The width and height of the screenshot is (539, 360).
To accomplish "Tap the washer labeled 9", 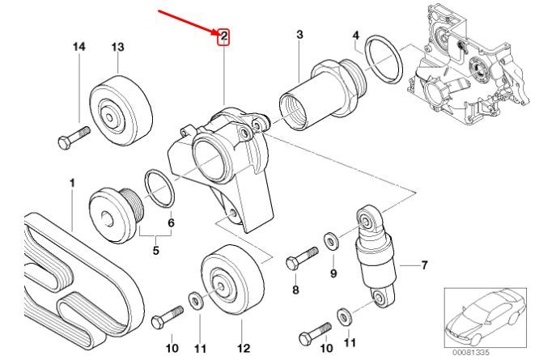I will [x=331, y=240].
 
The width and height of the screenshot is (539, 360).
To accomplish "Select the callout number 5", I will [x=156, y=251].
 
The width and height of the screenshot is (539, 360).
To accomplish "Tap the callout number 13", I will [x=117, y=48].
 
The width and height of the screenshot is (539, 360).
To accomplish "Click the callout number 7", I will [x=424, y=265].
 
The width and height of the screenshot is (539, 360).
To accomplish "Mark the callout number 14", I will [x=79, y=48].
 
